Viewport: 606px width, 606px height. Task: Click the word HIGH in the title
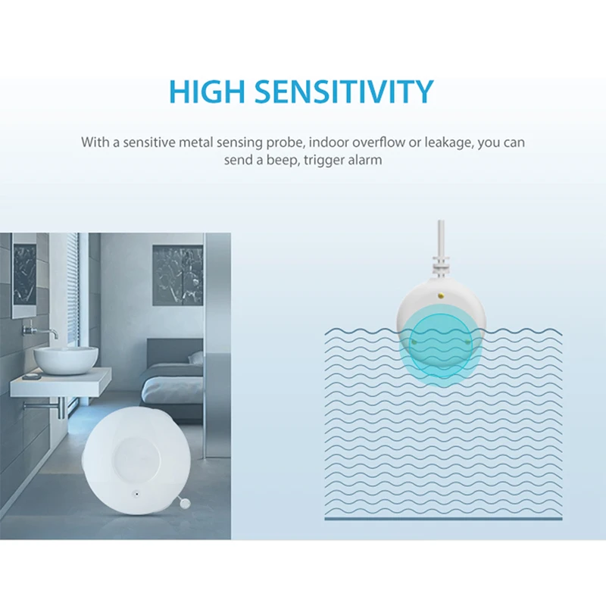click(207, 92)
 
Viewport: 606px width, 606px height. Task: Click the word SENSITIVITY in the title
click(344, 92)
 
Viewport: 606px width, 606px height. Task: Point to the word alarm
click(365, 160)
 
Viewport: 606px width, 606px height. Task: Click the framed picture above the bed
click(177, 275)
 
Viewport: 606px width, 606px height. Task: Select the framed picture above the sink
click(24, 276)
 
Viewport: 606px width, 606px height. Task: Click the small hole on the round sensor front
click(136, 493)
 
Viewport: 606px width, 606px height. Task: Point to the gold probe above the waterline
click(441, 296)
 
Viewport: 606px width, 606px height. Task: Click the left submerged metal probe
click(414, 342)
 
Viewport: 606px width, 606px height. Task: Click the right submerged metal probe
click(467, 342)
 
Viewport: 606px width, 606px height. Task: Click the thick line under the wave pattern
click(444, 519)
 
